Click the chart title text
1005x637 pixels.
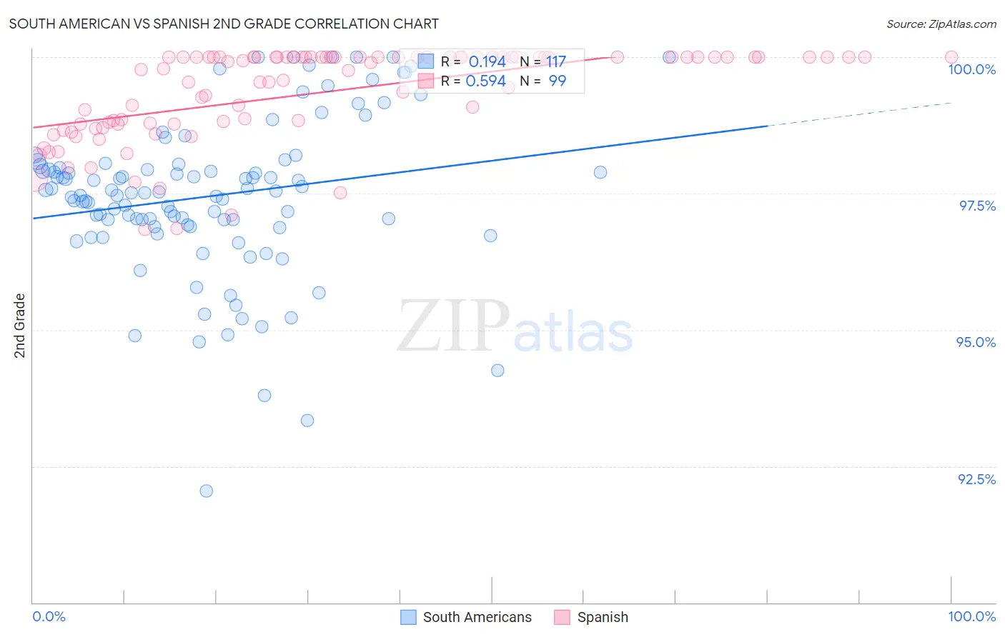[x=224, y=24]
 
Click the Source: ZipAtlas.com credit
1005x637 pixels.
[x=941, y=24]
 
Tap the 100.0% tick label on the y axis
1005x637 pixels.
[x=971, y=69]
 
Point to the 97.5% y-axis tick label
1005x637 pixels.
[x=976, y=206]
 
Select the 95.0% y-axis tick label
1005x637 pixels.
[x=976, y=342]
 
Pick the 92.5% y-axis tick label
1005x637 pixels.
[x=976, y=479]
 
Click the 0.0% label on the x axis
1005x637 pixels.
[x=49, y=616]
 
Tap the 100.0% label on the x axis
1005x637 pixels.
[x=971, y=616]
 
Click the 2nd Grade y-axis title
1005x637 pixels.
[x=20, y=325]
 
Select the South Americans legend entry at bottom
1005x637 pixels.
[x=477, y=617]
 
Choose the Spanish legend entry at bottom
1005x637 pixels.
[x=602, y=617]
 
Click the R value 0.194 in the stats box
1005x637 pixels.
[x=487, y=62]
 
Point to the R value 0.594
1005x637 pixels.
[x=485, y=81]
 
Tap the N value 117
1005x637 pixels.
[x=556, y=62]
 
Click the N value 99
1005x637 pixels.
[x=557, y=81]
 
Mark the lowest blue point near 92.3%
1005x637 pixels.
[x=207, y=491]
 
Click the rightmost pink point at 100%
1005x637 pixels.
[x=951, y=57]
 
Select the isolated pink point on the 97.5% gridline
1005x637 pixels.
[x=340, y=193]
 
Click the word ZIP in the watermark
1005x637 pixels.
[x=453, y=326]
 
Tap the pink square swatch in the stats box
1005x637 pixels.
[x=426, y=81]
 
